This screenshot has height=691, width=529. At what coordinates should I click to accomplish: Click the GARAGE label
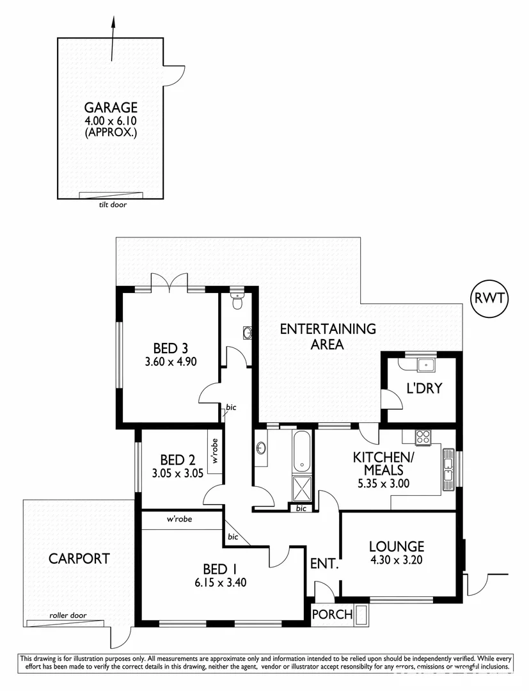click(111, 107)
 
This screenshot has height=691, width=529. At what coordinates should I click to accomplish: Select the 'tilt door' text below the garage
click(110, 205)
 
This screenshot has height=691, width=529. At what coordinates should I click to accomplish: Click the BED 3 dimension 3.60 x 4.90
click(170, 361)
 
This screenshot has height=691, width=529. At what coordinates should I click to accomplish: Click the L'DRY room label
click(424, 388)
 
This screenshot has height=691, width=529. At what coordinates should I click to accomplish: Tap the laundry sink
click(424, 366)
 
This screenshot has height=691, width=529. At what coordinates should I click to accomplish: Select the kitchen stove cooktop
click(423, 438)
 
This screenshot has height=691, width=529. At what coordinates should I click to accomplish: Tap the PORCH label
click(332, 615)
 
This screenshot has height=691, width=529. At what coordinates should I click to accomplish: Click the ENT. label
click(324, 564)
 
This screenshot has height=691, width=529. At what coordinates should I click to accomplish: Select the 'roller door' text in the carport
click(68, 616)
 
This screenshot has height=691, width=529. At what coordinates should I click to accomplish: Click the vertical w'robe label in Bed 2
click(216, 450)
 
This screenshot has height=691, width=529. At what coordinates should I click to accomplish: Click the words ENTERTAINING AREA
click(328, 337)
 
